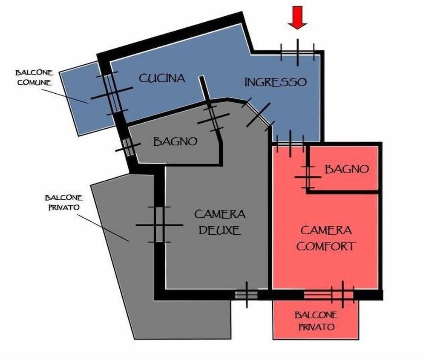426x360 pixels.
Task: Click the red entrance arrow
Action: pyautogui.click(x=297, y=17)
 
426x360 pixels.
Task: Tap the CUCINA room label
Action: pyautogui.click(x=162, y=78)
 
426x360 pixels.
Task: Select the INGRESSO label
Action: pyautogui.click(x=276, y=82)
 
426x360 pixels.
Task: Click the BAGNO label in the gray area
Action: pyautogui.click(x=175, y=141)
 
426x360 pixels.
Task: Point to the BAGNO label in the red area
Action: pyautogui.click(x=347, y=169)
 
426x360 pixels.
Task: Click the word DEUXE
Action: pyautogui.click(x=220, y=230)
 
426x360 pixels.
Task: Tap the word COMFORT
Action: pyautogui.click(x=326, y=246)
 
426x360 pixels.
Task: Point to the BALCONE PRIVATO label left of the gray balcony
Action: pyautogui.click(x=64, y=202)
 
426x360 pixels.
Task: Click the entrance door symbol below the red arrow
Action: pyautogui.click(x=297, y=52)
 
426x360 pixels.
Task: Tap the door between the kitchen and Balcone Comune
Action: pyautogui.click(x=112, y=93)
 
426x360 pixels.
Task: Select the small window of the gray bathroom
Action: pyautogui.click(x=128, y=147)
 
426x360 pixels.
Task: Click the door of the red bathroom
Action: pyautogui.click(x=308, y=177)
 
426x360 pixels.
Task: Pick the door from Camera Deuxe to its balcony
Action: pyautogui.click(x=159, y=225)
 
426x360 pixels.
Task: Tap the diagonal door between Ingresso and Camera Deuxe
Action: pyautogui.click(x=259, y=114)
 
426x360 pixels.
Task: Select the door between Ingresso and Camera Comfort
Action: pyautogui.click(x=290, y=143)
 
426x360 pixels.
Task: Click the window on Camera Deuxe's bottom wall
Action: pyautogui.click(x=246, y=295)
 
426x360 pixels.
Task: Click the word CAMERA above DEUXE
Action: pyautogui.click(x=220, y=214)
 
